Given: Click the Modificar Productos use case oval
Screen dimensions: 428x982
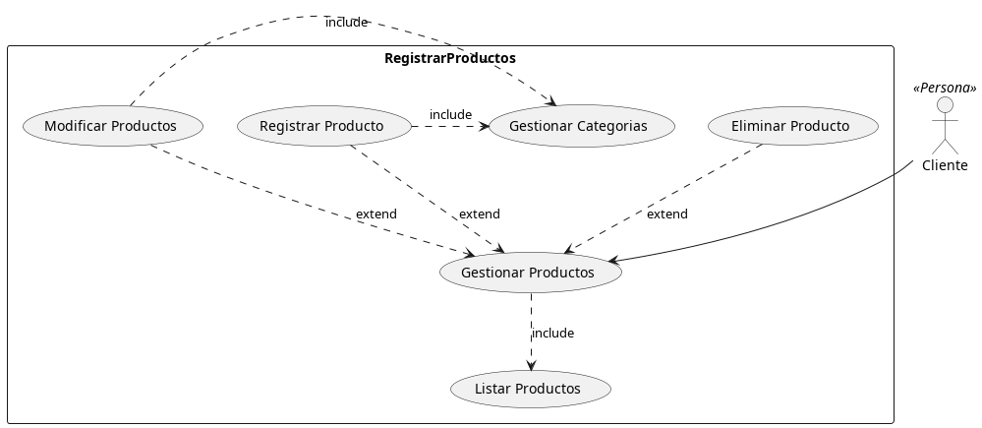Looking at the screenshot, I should [x=111, y=126].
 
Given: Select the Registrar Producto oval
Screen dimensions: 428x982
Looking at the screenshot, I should [x=321, y=126].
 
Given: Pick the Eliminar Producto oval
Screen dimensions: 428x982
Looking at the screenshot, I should [x=790, y=126].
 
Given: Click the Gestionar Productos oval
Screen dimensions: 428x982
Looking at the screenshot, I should [x=528, y=273].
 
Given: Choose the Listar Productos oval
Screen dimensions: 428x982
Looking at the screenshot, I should [x=528, y=389].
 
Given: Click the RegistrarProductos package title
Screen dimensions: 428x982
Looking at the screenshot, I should [x=449, y=58].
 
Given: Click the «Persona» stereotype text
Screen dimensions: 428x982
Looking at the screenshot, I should [x=945, y=89].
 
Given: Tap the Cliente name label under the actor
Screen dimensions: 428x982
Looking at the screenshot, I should [x=945, y=165].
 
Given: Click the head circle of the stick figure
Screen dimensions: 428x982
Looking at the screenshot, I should [x=945, y=105].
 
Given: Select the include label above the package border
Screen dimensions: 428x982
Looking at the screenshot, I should [x=346, y=22].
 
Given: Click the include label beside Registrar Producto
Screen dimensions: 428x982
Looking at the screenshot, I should [x=450, y=115].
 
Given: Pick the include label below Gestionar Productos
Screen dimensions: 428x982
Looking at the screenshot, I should [x=552, y=334].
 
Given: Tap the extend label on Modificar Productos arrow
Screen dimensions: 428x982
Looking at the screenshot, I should [x=375, y=214].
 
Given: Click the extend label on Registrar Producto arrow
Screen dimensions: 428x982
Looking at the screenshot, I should [x=479, y=214].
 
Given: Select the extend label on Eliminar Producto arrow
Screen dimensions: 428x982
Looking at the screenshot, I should [x=667, y=214].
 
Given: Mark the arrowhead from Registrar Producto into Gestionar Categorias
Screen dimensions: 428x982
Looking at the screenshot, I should [x=483, y=126].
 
